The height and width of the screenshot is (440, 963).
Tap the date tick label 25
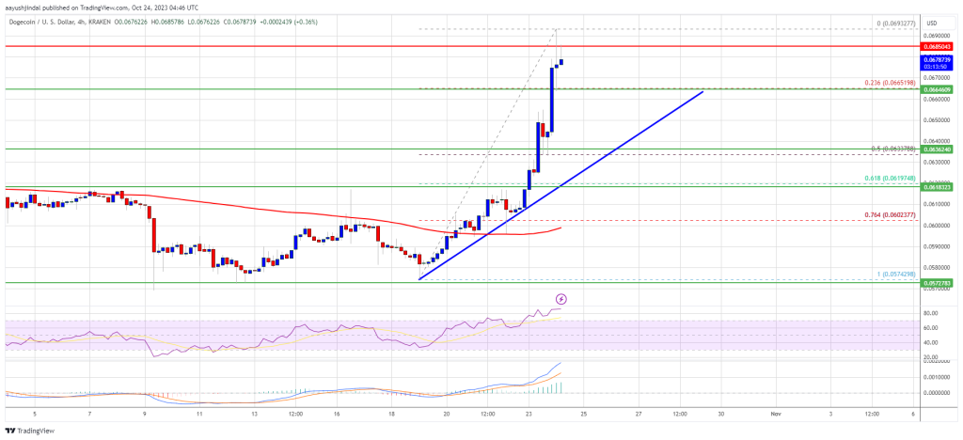point(584,414)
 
